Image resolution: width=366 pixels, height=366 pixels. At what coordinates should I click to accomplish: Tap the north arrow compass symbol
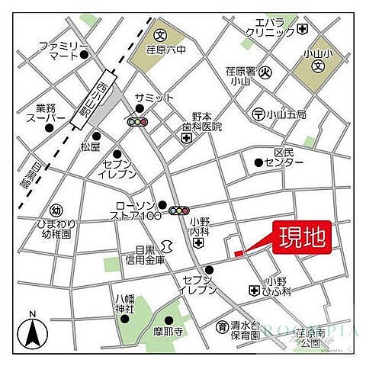(x=32, y=332)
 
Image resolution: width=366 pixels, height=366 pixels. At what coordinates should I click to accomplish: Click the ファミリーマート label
(x=56, y=51)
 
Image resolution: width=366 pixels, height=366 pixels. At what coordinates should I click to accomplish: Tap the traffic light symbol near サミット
(x=138, y=122)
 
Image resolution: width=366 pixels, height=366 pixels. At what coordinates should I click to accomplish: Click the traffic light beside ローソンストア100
(x=180, y=210)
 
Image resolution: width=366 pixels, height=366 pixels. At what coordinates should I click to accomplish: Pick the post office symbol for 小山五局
(x=259, y=114)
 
